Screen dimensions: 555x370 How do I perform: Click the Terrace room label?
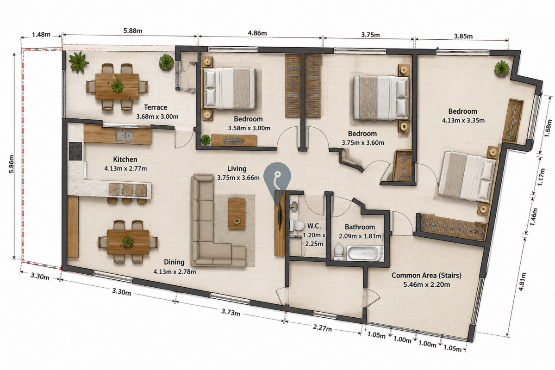[x=156, y=107]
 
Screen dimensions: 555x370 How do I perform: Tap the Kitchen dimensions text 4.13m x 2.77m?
[x=125, y=168]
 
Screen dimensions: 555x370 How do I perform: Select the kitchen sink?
[x=125, y=136]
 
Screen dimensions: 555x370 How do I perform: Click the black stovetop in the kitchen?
[x=75, y=151]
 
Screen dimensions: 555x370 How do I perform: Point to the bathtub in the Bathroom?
[x=364, y=253]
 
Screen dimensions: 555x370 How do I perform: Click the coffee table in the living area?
[x=237, y=213]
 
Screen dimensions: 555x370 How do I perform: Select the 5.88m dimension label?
[x=133, y=31]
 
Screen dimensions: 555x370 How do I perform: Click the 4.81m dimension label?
[x=522, y=282]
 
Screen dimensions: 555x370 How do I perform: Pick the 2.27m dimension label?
[x=322, y=327]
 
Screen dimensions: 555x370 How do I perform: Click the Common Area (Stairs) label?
[x=426, y=275]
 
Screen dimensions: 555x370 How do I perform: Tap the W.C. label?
[x=314, y=226]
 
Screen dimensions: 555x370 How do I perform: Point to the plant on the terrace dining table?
[x=117, y=86]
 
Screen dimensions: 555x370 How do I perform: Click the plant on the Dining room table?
[x=128, y=242]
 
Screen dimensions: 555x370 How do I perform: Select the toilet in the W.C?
[x=297, y=225]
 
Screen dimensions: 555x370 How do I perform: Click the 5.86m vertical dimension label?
[x=11, y=164]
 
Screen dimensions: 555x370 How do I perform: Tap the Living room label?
[x=237, y=169]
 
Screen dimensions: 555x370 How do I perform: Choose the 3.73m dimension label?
[x=231, y=312]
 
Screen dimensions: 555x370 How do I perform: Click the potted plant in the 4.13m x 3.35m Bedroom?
[x=502, y=68]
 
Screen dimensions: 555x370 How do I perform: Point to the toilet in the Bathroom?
[x=339, y=252]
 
